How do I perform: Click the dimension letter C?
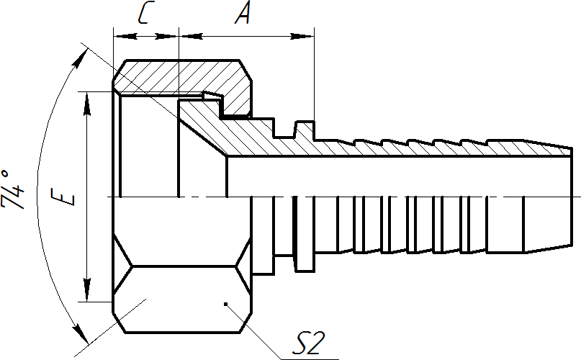[x=144, y=14]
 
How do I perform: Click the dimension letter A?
[x=243, y=14]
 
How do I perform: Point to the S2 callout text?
[x=307, y=344]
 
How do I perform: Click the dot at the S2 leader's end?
[x=225, y=304]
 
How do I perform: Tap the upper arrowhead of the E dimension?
[x=87, y=101]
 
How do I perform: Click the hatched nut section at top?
[x=180, y=76]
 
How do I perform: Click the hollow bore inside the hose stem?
[x=396, y=176]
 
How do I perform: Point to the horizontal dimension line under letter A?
[x=245, y=34]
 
